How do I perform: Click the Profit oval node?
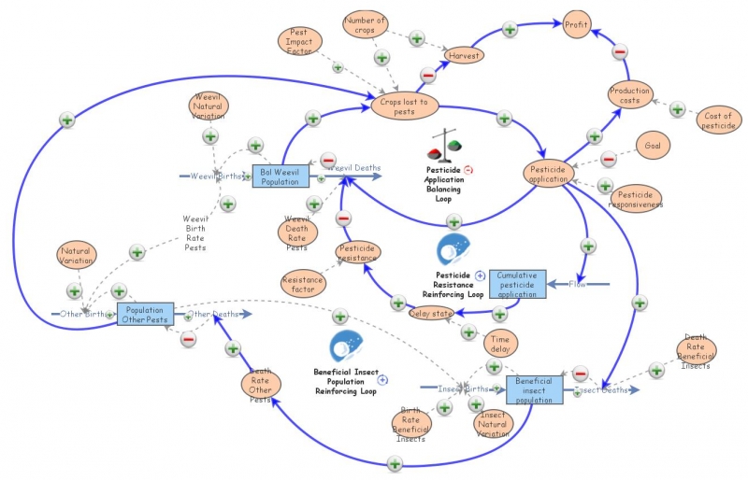(x=576, y=26)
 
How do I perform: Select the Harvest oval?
(x=463, y=56)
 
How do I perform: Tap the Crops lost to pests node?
(x=404, y=106)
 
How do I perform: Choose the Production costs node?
(x=630, y=96)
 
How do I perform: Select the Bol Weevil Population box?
(x=280, y=176)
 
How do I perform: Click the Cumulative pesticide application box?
(x=517, y=284)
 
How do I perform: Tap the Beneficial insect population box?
(x=536, y=389)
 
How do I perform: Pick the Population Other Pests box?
(x=146, y=315)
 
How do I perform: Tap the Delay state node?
(x=431, y=313)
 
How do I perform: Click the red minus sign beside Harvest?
(x=428, y=76)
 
